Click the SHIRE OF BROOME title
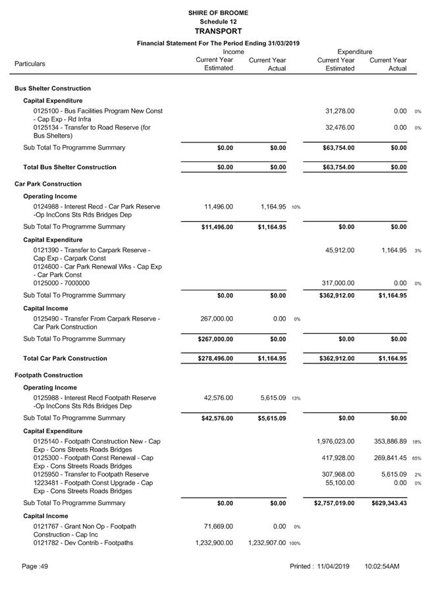(x=218, y=13)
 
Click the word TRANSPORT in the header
(x=218, y=31)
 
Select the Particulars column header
(x=30, y=64)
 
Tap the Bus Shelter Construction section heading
(x=53, y=88)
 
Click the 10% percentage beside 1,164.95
(x=296, y=207)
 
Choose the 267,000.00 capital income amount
(x=217, y=319)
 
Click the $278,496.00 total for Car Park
(x=215, y=359)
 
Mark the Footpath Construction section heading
(x=48, y=375)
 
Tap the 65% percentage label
(x=417, y=458)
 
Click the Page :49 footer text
(x=35, y=566)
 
